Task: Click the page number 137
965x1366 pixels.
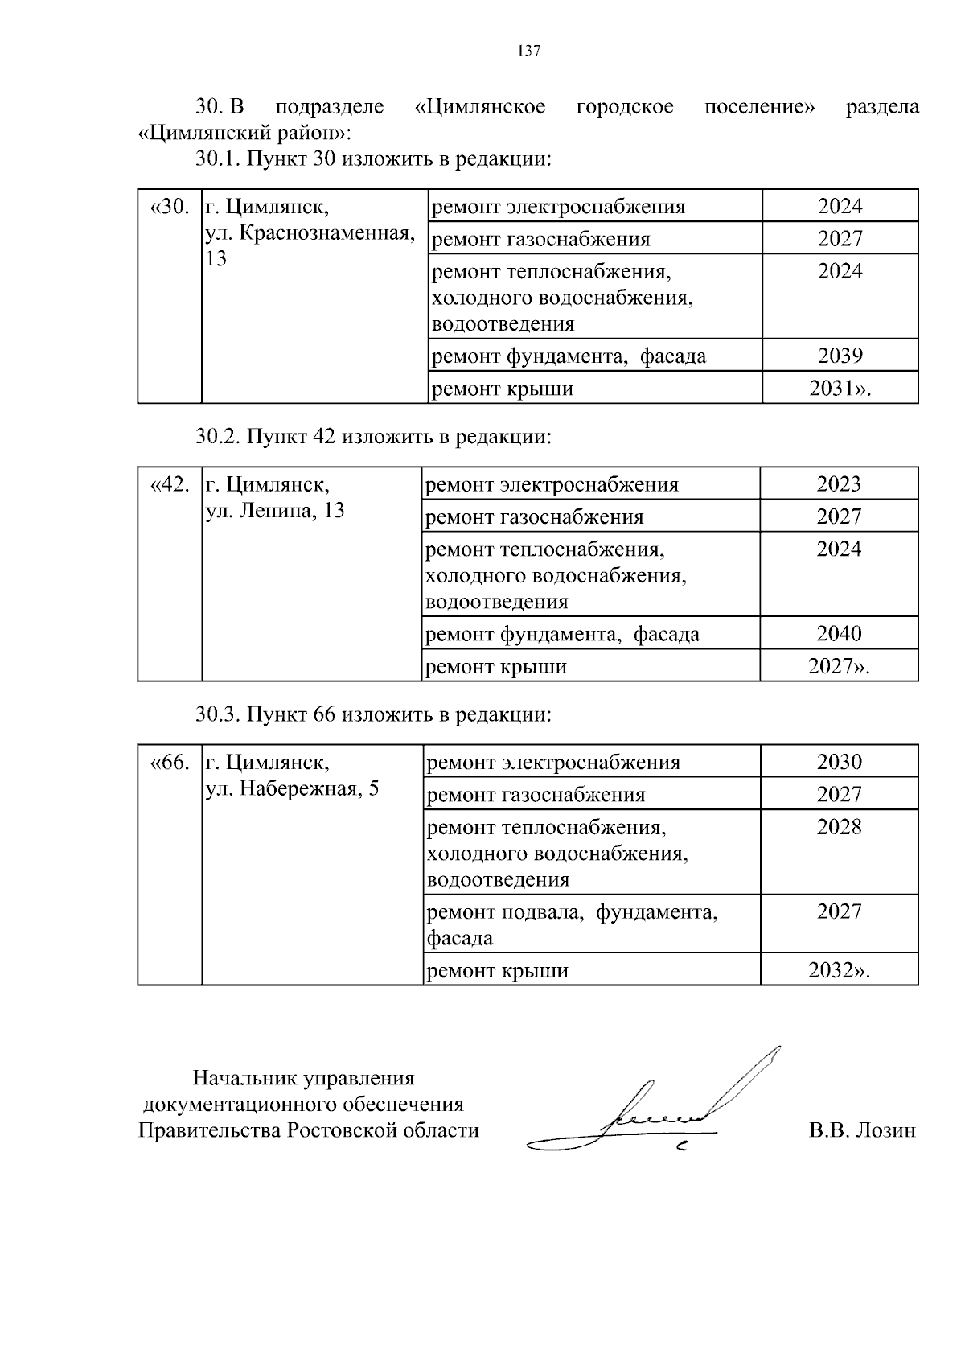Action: point(528,51)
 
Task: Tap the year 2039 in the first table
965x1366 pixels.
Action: point(840,356)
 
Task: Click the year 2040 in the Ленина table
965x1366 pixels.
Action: point(839,634)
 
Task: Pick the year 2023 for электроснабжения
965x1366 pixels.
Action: point(839,484)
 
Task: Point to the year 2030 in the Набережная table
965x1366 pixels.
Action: point(839,762)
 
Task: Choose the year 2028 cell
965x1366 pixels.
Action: point(839,827)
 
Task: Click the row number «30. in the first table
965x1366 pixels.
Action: point(170,207)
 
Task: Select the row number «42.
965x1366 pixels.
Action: point(170,484)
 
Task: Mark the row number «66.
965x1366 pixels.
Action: point(170,762)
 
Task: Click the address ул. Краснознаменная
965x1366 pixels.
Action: point(310,233)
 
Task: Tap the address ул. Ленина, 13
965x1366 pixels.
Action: point(275,511)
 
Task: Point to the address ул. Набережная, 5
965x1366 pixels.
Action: point(292,788)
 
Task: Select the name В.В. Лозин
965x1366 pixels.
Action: point(862,1130)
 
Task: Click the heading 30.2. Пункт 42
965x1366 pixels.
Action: point(373,437)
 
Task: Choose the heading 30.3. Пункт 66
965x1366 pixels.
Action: point(373,714)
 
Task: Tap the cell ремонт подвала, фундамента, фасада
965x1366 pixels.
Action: point(571,924)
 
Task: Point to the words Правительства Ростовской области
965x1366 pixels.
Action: point(309,1130)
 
